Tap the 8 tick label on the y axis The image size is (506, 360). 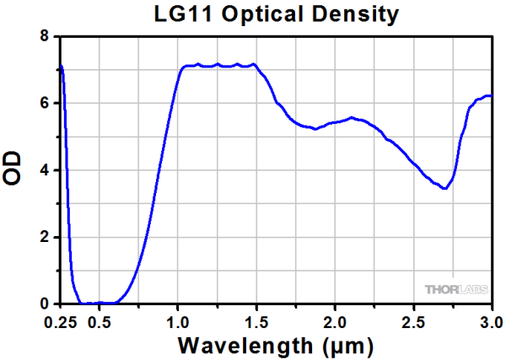pos(44,37)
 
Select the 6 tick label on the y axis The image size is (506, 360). pos(44,104)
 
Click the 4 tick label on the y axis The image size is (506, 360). pos(44,170)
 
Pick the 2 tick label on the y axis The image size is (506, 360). pos(44,237)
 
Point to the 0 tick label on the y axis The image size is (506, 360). pos(44,304)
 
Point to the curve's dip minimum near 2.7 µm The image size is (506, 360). pos(444,189)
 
